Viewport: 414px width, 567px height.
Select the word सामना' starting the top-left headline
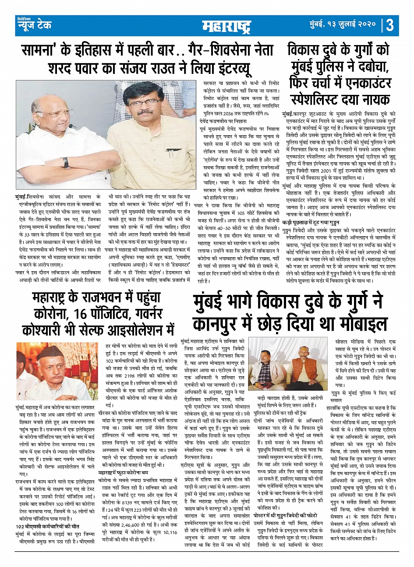point(41,51)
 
